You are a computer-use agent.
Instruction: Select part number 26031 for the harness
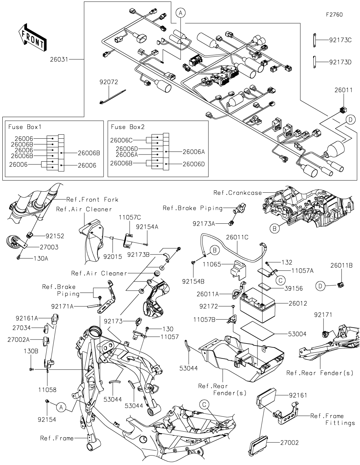click(59, 59)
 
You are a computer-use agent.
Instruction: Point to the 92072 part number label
click(109, 82)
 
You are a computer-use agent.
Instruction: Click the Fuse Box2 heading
click(128, 127)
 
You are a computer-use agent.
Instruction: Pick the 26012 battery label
click(298, 303)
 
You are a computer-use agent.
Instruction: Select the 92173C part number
click(340, 40)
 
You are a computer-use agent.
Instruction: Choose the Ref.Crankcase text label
click(238, 193)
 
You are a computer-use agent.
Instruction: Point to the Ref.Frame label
click(57, 438)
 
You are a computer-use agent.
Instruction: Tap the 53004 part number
click(297, 334)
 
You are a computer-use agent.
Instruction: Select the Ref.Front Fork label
click(92, 199)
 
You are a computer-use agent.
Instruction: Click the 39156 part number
click(293, 289)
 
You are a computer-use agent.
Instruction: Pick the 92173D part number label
click(340, 62)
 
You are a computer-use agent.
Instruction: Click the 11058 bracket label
click(48, 389)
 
